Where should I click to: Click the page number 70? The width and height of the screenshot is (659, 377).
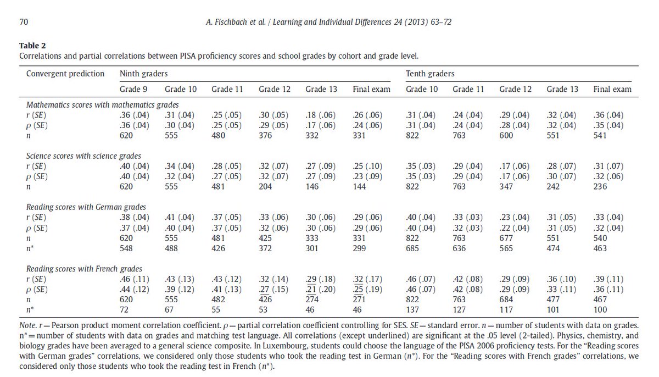pyautogui.click(x=24, y=23)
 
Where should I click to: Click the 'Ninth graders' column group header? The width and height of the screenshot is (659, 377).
pyautogui.click(x=144, y=73)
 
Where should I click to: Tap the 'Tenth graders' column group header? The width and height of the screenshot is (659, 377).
pyautogui.click(x=430, y=73)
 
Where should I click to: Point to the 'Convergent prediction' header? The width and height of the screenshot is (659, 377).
pyautogui.click(x=65, y=73)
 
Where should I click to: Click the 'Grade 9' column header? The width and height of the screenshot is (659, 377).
pyautogui.click(x=133, y=89)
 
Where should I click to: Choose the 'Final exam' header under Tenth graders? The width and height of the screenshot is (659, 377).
pyautogui.click(x=612, y=89)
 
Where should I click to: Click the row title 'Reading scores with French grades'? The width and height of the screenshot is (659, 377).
pyautogui.click(x=85, y=269)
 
